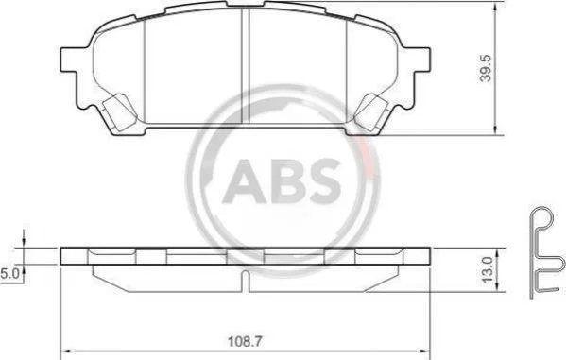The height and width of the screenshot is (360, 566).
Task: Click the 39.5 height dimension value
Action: click(487, 68)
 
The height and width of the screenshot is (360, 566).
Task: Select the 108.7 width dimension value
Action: click(245, 342)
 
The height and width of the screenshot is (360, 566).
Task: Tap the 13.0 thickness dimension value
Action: click(487, 269)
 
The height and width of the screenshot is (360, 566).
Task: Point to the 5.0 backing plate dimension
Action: click(9, 274)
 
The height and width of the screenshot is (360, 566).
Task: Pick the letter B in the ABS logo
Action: click(287, 180)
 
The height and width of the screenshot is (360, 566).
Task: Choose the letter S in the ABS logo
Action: click(323, 180)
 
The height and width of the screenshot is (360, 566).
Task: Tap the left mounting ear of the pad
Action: click(69, 60)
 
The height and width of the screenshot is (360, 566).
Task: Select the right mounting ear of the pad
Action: click(420, 60)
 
